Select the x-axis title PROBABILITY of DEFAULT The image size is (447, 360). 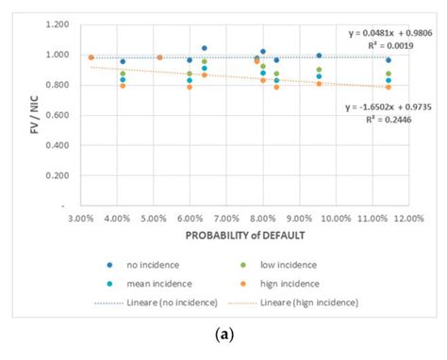(x=243, y=235)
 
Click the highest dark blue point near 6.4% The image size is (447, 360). (x=205, y=48)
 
